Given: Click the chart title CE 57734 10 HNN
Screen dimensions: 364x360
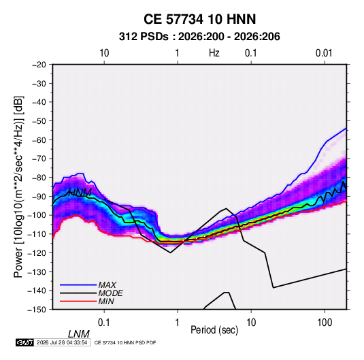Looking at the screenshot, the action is (x=199, y=19).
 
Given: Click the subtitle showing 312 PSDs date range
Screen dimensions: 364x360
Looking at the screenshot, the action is (x=199, y=37).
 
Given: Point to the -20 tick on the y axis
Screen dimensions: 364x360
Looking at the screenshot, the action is (x=39, y=65).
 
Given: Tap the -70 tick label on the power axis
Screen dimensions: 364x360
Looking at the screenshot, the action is (x=39, y=159).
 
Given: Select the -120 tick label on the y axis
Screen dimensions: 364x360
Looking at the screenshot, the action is (x=37, y=253).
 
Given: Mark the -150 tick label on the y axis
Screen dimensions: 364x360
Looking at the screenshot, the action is (x=37, y=310).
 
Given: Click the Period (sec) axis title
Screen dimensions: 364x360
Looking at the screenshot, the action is (x=214, y=330).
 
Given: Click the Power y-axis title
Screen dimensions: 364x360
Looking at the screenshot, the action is (x=18, y=186).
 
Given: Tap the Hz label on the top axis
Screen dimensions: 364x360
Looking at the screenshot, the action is (x=214, y=53).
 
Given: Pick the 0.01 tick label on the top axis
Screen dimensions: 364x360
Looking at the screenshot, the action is (x=324, y=53).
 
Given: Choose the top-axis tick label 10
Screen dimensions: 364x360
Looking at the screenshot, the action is (x=104, y=53).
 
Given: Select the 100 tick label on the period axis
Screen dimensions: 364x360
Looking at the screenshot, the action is (x=325, y=323).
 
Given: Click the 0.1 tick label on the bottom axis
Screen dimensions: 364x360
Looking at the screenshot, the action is (x=104, y=323).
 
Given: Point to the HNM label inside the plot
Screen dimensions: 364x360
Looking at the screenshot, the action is (x=80, y=193).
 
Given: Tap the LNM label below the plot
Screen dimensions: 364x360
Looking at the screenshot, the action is (x=78, y=334).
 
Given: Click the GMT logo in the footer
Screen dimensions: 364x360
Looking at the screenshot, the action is (x=24, y=342).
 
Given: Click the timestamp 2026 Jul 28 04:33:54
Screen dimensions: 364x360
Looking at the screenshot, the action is (x=62, y=342).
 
